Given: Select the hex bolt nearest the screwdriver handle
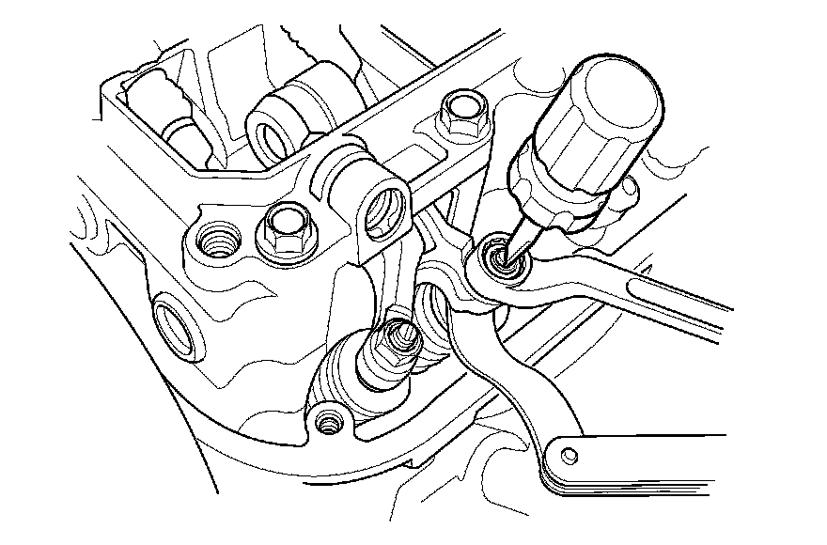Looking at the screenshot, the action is coord(463,113).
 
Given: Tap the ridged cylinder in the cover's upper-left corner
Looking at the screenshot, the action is coord(160,103).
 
